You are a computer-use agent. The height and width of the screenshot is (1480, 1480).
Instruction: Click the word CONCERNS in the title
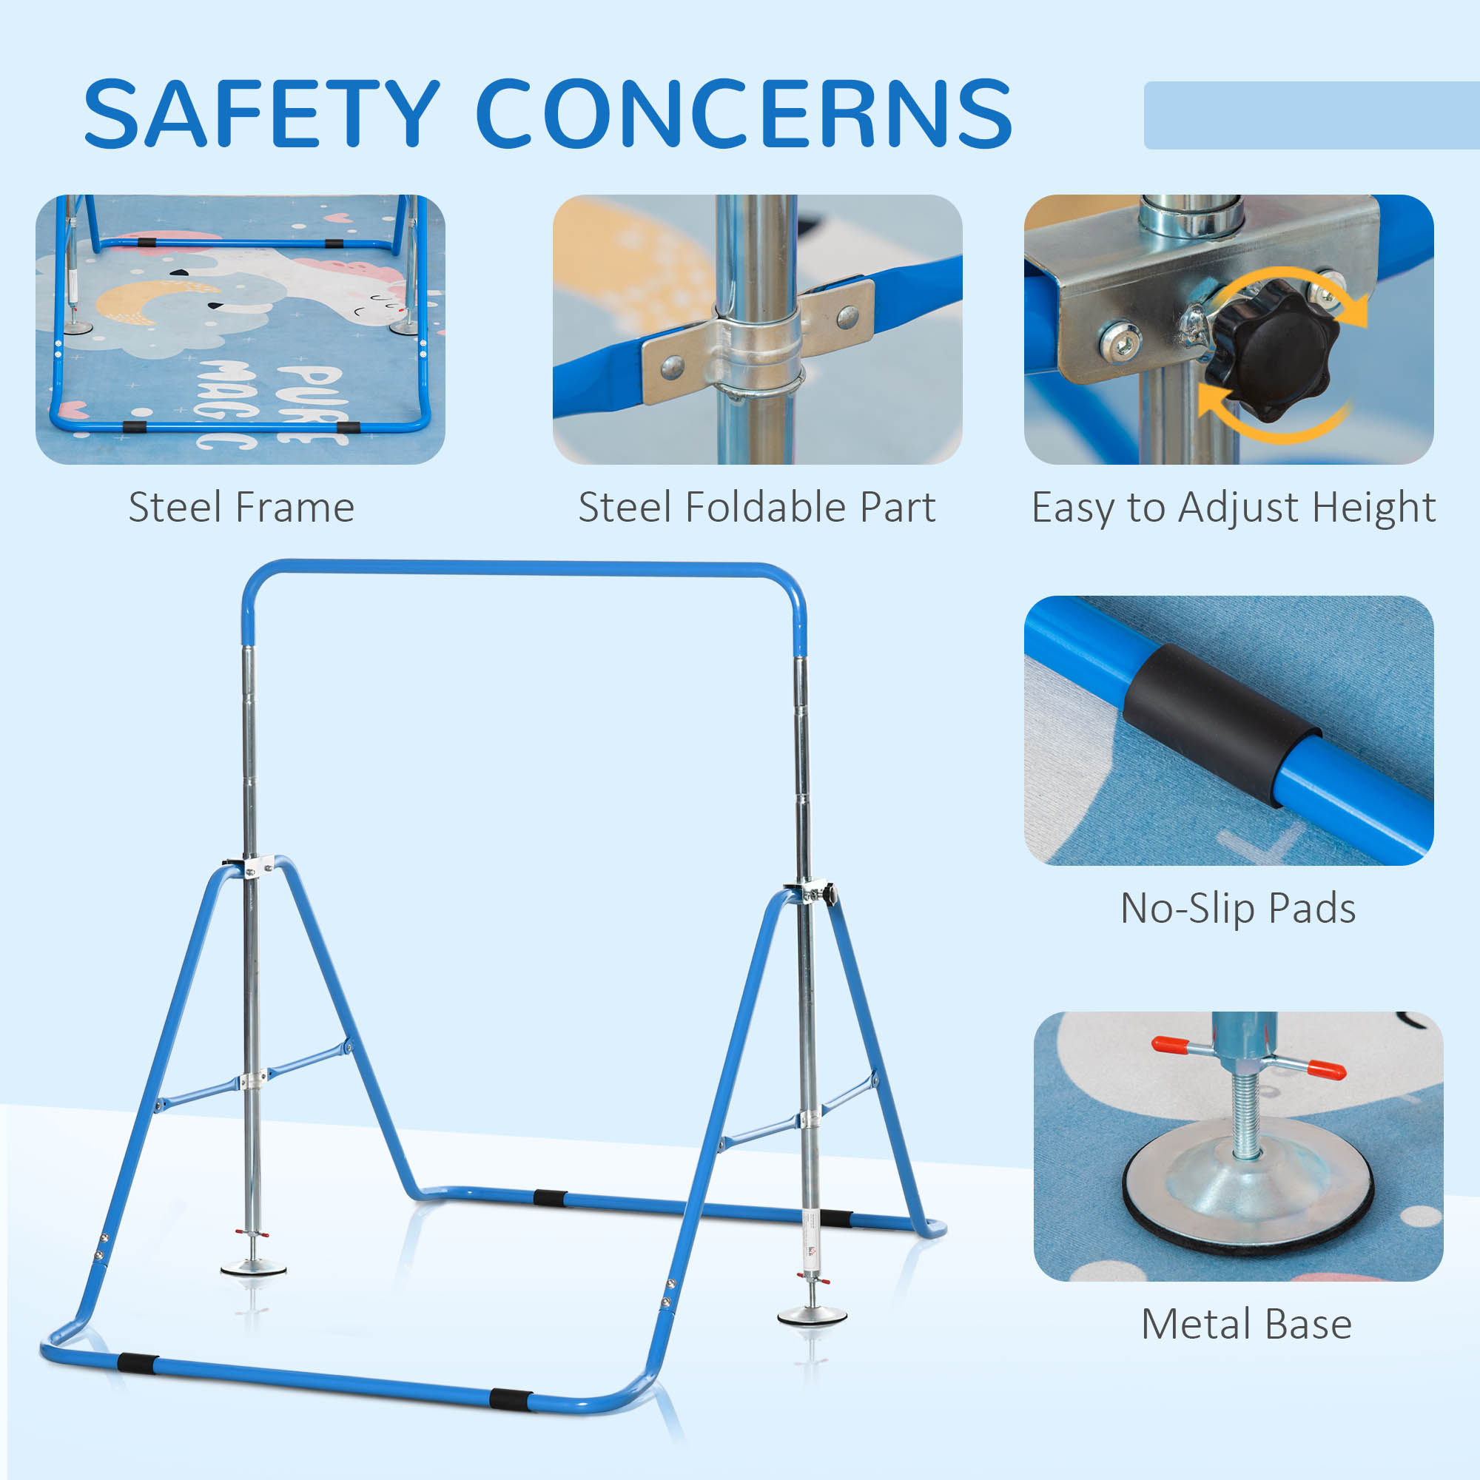click(743, 113)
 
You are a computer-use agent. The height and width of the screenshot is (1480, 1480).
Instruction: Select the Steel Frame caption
click(241, 507)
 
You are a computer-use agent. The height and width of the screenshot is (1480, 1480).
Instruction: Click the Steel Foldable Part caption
click(756, 507)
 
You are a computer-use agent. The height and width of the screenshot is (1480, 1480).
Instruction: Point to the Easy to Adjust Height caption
click(1233, 508)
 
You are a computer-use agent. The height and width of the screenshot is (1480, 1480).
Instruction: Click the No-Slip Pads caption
click(1238, 909)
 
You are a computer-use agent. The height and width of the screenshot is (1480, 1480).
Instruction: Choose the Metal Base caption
click(1245, 1325)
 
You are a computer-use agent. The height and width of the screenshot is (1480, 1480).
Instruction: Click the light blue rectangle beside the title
click(1310, 115)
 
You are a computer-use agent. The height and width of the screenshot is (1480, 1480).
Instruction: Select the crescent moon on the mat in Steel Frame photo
click(153, 300)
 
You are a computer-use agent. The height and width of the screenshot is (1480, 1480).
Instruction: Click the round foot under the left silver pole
click(254, 1268)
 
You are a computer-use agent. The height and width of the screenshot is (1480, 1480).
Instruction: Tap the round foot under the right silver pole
click(812, 1316)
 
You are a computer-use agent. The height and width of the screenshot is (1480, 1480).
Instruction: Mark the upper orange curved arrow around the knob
click(1294, 286)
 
